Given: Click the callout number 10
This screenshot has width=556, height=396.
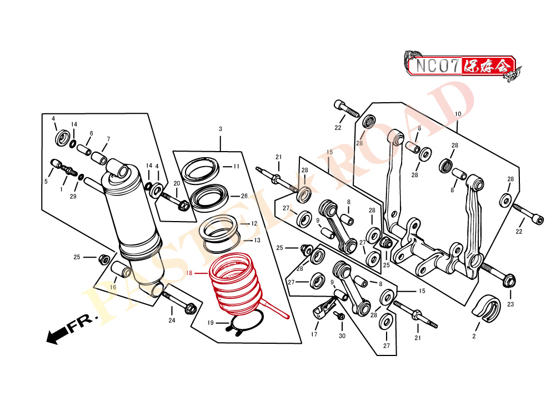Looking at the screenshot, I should (458, 114).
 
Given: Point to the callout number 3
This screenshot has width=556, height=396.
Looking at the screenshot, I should (221, 129).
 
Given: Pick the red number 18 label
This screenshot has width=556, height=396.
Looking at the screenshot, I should (189, 273).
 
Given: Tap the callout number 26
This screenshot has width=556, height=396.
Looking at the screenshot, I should (244, 196).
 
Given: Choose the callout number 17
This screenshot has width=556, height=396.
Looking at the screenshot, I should (314, 334).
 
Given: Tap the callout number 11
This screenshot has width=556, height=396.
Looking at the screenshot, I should (236, 166).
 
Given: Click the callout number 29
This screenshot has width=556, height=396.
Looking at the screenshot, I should (73, 197).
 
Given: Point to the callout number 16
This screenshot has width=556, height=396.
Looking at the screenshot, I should (113, 287).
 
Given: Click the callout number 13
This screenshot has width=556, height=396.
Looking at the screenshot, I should (257, 240).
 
